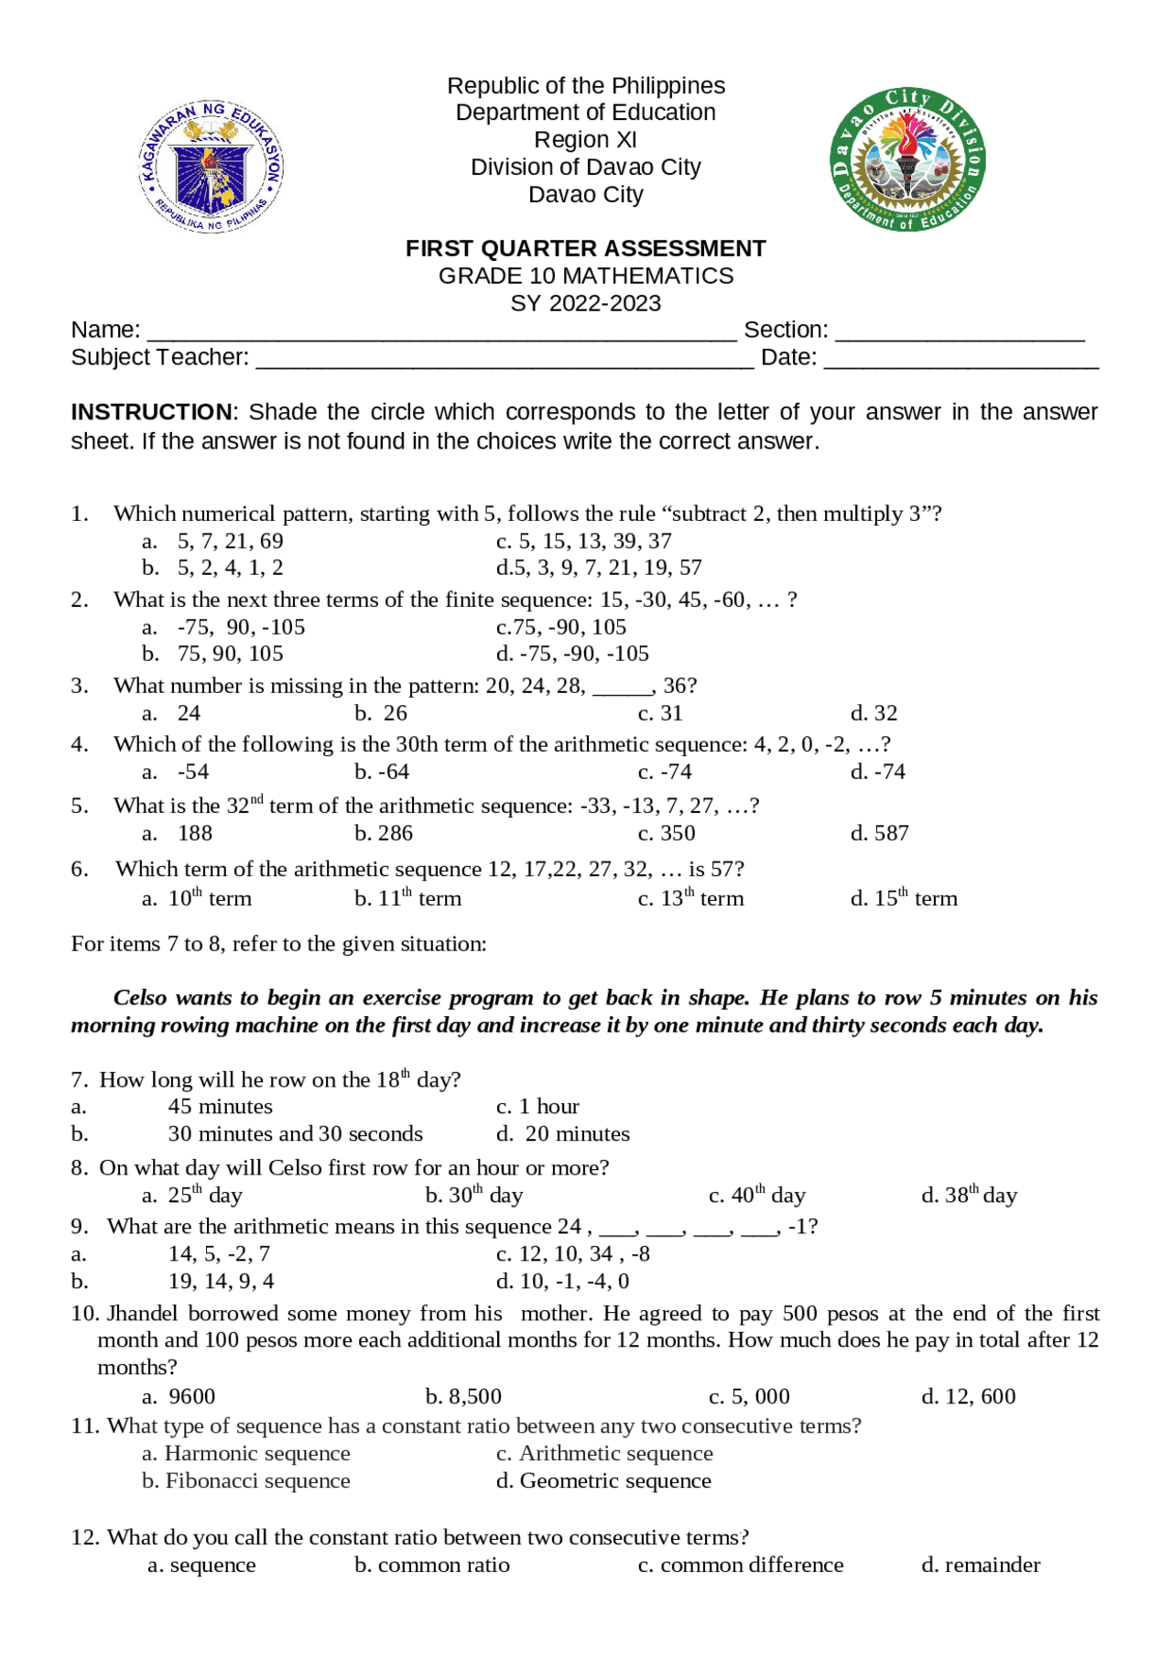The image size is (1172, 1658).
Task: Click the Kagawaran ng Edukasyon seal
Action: [x=212, y=167]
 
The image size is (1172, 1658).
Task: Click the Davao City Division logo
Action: [x=907, y=160]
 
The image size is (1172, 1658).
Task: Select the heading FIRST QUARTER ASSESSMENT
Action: [x=585, y=249]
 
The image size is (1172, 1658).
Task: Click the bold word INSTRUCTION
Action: [x=152, y=412]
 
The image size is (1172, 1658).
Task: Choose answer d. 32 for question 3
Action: [x=874, y=713]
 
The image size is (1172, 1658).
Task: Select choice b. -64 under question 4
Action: [x=382, y=772]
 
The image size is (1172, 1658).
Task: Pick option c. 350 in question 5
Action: [x=667, y=833]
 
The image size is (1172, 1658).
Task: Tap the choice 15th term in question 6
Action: [x=904, y=898]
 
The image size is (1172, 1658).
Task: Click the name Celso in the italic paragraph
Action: [x=140, y=998]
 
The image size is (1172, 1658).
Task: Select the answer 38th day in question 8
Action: [x=969, y=1196]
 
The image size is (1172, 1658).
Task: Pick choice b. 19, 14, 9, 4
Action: [x=220, y=1281]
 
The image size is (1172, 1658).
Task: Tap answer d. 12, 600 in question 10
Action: [x=968, y=1396]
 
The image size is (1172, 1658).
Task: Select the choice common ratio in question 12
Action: [x=432, y=1565]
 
